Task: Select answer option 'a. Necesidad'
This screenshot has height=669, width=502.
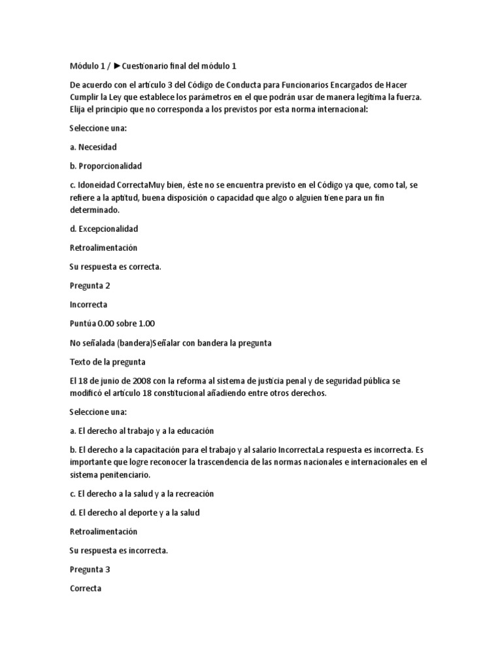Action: tap(93, 147)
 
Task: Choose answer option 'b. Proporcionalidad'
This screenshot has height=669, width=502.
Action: tap(105, 166)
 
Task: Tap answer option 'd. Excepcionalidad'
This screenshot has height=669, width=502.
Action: tap(103, 229)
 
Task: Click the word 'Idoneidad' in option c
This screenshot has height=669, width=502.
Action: tap(95, 185)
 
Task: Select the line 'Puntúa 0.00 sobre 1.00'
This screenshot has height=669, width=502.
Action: tap(112, 323)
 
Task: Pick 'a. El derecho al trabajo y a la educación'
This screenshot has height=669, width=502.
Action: tap(141, 431)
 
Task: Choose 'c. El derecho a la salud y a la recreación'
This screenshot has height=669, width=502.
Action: tap(141, 493)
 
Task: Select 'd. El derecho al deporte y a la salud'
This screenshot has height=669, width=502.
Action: tap(134, 512)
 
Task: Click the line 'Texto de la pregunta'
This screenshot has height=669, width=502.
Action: tap(107, 361)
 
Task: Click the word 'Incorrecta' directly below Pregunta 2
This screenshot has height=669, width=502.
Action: tap(88, 304)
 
